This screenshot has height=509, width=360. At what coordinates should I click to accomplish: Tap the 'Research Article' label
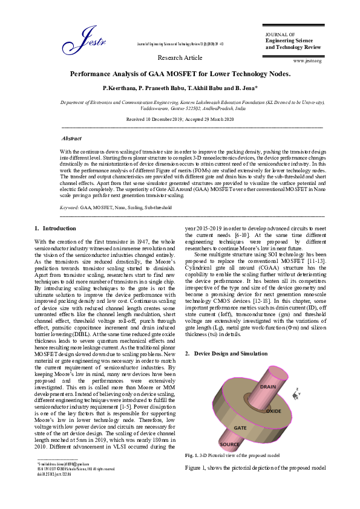click(x=180, y=57)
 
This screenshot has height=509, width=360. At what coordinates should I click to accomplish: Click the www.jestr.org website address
click(x=307, y=61)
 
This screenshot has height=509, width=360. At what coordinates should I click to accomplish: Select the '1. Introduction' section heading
click(x=56, y=229)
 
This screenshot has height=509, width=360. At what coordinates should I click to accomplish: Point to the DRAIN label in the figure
click(x=267, y=386)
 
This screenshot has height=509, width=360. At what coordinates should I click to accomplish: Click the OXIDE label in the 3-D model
click(x=273, y=410)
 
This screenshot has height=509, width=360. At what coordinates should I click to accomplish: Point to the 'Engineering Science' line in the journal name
click(x=287, y=41)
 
